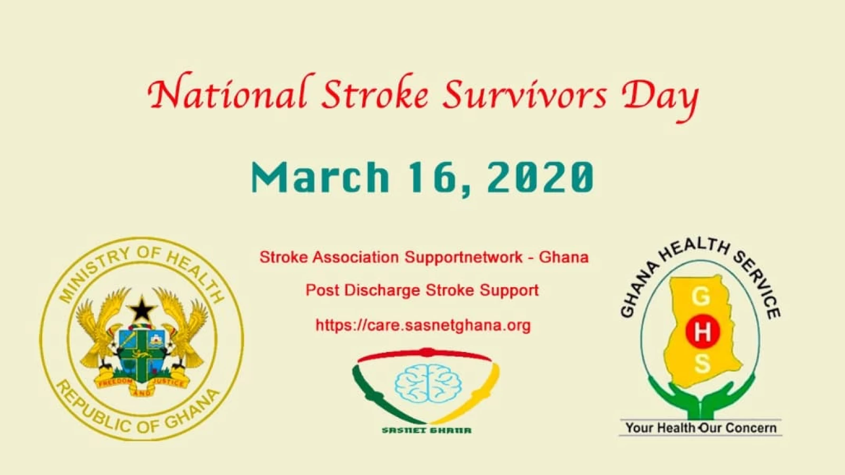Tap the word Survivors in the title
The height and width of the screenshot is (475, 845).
(x=525, y=94)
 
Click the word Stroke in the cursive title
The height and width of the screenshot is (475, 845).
(x=375, y=93)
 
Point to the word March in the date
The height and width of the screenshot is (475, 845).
(x=320, y=177)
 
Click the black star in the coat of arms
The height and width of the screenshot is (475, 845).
(x=142, y=309)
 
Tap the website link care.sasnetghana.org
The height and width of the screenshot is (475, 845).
(x=423, y=325)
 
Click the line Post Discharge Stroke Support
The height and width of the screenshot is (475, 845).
(x=422, y=290)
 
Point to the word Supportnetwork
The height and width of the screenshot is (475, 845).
(x=464, y=258)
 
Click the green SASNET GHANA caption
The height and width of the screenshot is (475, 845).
(x=427, y=430)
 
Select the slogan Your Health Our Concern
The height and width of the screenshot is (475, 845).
(x=701, y=428)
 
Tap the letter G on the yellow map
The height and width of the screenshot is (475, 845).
(x=701, y=298)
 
